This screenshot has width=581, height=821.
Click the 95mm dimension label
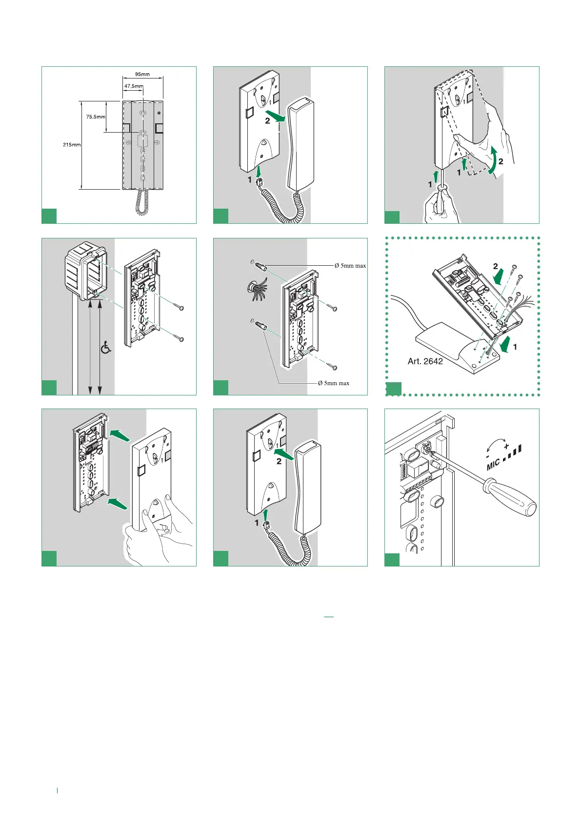click(x=142, y=75)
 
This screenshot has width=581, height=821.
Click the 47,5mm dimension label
click(x=133, y=86)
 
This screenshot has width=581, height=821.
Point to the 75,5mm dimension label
click(x=96, y=117)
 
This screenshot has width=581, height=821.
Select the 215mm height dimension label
click(x=72, y=145)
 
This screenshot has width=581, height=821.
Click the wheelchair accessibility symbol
click(x=106, y=347)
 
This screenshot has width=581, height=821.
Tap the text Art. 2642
click(x=425, y=361)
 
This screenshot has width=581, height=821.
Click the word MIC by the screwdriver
click(x=494, y=463)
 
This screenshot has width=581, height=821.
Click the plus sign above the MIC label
click(x=506, y=446)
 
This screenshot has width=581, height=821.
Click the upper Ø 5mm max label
click(x=350, y=266)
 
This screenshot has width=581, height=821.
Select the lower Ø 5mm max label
click(x=334, y=383)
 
